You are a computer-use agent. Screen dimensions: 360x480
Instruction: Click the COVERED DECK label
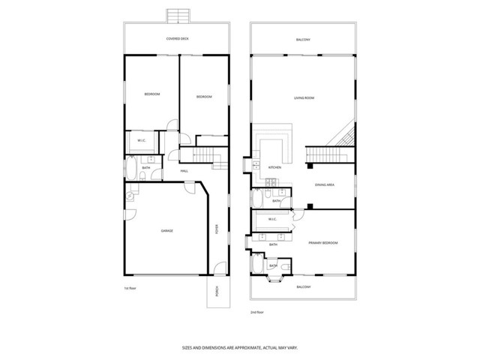pos(176,39)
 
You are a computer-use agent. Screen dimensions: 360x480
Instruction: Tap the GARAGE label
pos(167,230)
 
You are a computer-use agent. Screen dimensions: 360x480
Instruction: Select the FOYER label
pos(217,229)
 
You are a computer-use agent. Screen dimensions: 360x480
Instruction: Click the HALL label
pos(184,172)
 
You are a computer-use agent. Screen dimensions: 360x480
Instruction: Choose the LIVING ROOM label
pos(303,98)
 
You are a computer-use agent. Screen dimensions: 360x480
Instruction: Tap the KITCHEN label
pos(274,167)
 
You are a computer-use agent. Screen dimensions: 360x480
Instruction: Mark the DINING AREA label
pos(323,184)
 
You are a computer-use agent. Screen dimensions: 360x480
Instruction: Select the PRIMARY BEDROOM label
pos(322,243)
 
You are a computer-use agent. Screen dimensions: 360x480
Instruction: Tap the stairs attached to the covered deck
pos(177,16)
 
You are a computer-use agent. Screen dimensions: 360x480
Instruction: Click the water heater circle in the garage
pos(130,196)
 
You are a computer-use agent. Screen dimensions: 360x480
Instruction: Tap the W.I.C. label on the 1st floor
pos(141,142)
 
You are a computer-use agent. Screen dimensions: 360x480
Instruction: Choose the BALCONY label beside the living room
pos(303,39)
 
